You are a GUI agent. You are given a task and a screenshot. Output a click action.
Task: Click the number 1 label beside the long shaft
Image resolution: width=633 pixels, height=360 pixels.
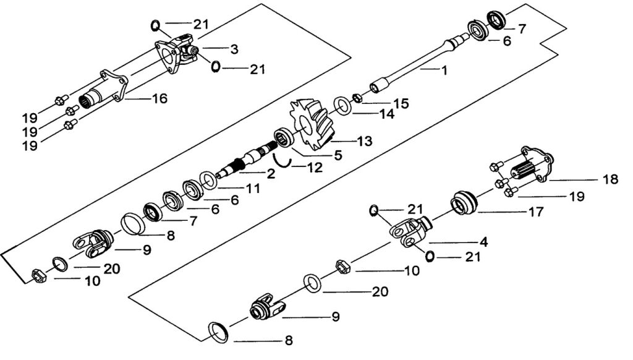(x=444, y=71)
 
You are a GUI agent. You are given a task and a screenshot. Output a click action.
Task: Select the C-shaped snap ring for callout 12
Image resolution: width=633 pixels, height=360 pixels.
(x=281, y=160)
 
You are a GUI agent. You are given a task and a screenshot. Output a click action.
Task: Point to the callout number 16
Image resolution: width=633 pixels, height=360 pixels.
(x=160, y=98)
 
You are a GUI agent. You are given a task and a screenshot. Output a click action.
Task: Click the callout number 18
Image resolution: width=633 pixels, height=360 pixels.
(x=610, y=179)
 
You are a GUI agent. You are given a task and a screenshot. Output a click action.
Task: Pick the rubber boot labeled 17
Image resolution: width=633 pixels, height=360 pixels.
(x=464, y=203)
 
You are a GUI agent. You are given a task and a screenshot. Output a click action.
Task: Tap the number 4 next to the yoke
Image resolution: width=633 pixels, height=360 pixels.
(x=483, y=242)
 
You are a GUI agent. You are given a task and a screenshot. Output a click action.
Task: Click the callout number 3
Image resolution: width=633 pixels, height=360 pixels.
(x=234, y=49)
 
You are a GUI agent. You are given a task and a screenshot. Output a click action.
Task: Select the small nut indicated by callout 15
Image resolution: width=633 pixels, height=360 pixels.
(x=357, y=98)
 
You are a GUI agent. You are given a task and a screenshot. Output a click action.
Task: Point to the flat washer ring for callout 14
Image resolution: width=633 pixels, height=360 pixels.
(x=342, y=106)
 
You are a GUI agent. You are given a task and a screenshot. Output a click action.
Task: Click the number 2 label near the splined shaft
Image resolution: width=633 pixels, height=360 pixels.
(x=271, y=173)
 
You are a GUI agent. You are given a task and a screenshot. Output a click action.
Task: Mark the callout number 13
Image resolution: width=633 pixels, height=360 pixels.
(x=365, y=141)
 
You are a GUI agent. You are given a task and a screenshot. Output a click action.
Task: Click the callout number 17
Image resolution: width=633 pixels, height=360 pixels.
(x=536, y=212)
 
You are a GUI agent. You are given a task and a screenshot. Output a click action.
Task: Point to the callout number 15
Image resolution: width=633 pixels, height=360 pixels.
(x=401, y=103)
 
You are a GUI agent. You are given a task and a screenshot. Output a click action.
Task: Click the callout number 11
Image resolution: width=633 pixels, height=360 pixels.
(x=253, y=188)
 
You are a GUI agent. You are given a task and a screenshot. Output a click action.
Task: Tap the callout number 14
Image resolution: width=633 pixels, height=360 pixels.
(x=387, y=114)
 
